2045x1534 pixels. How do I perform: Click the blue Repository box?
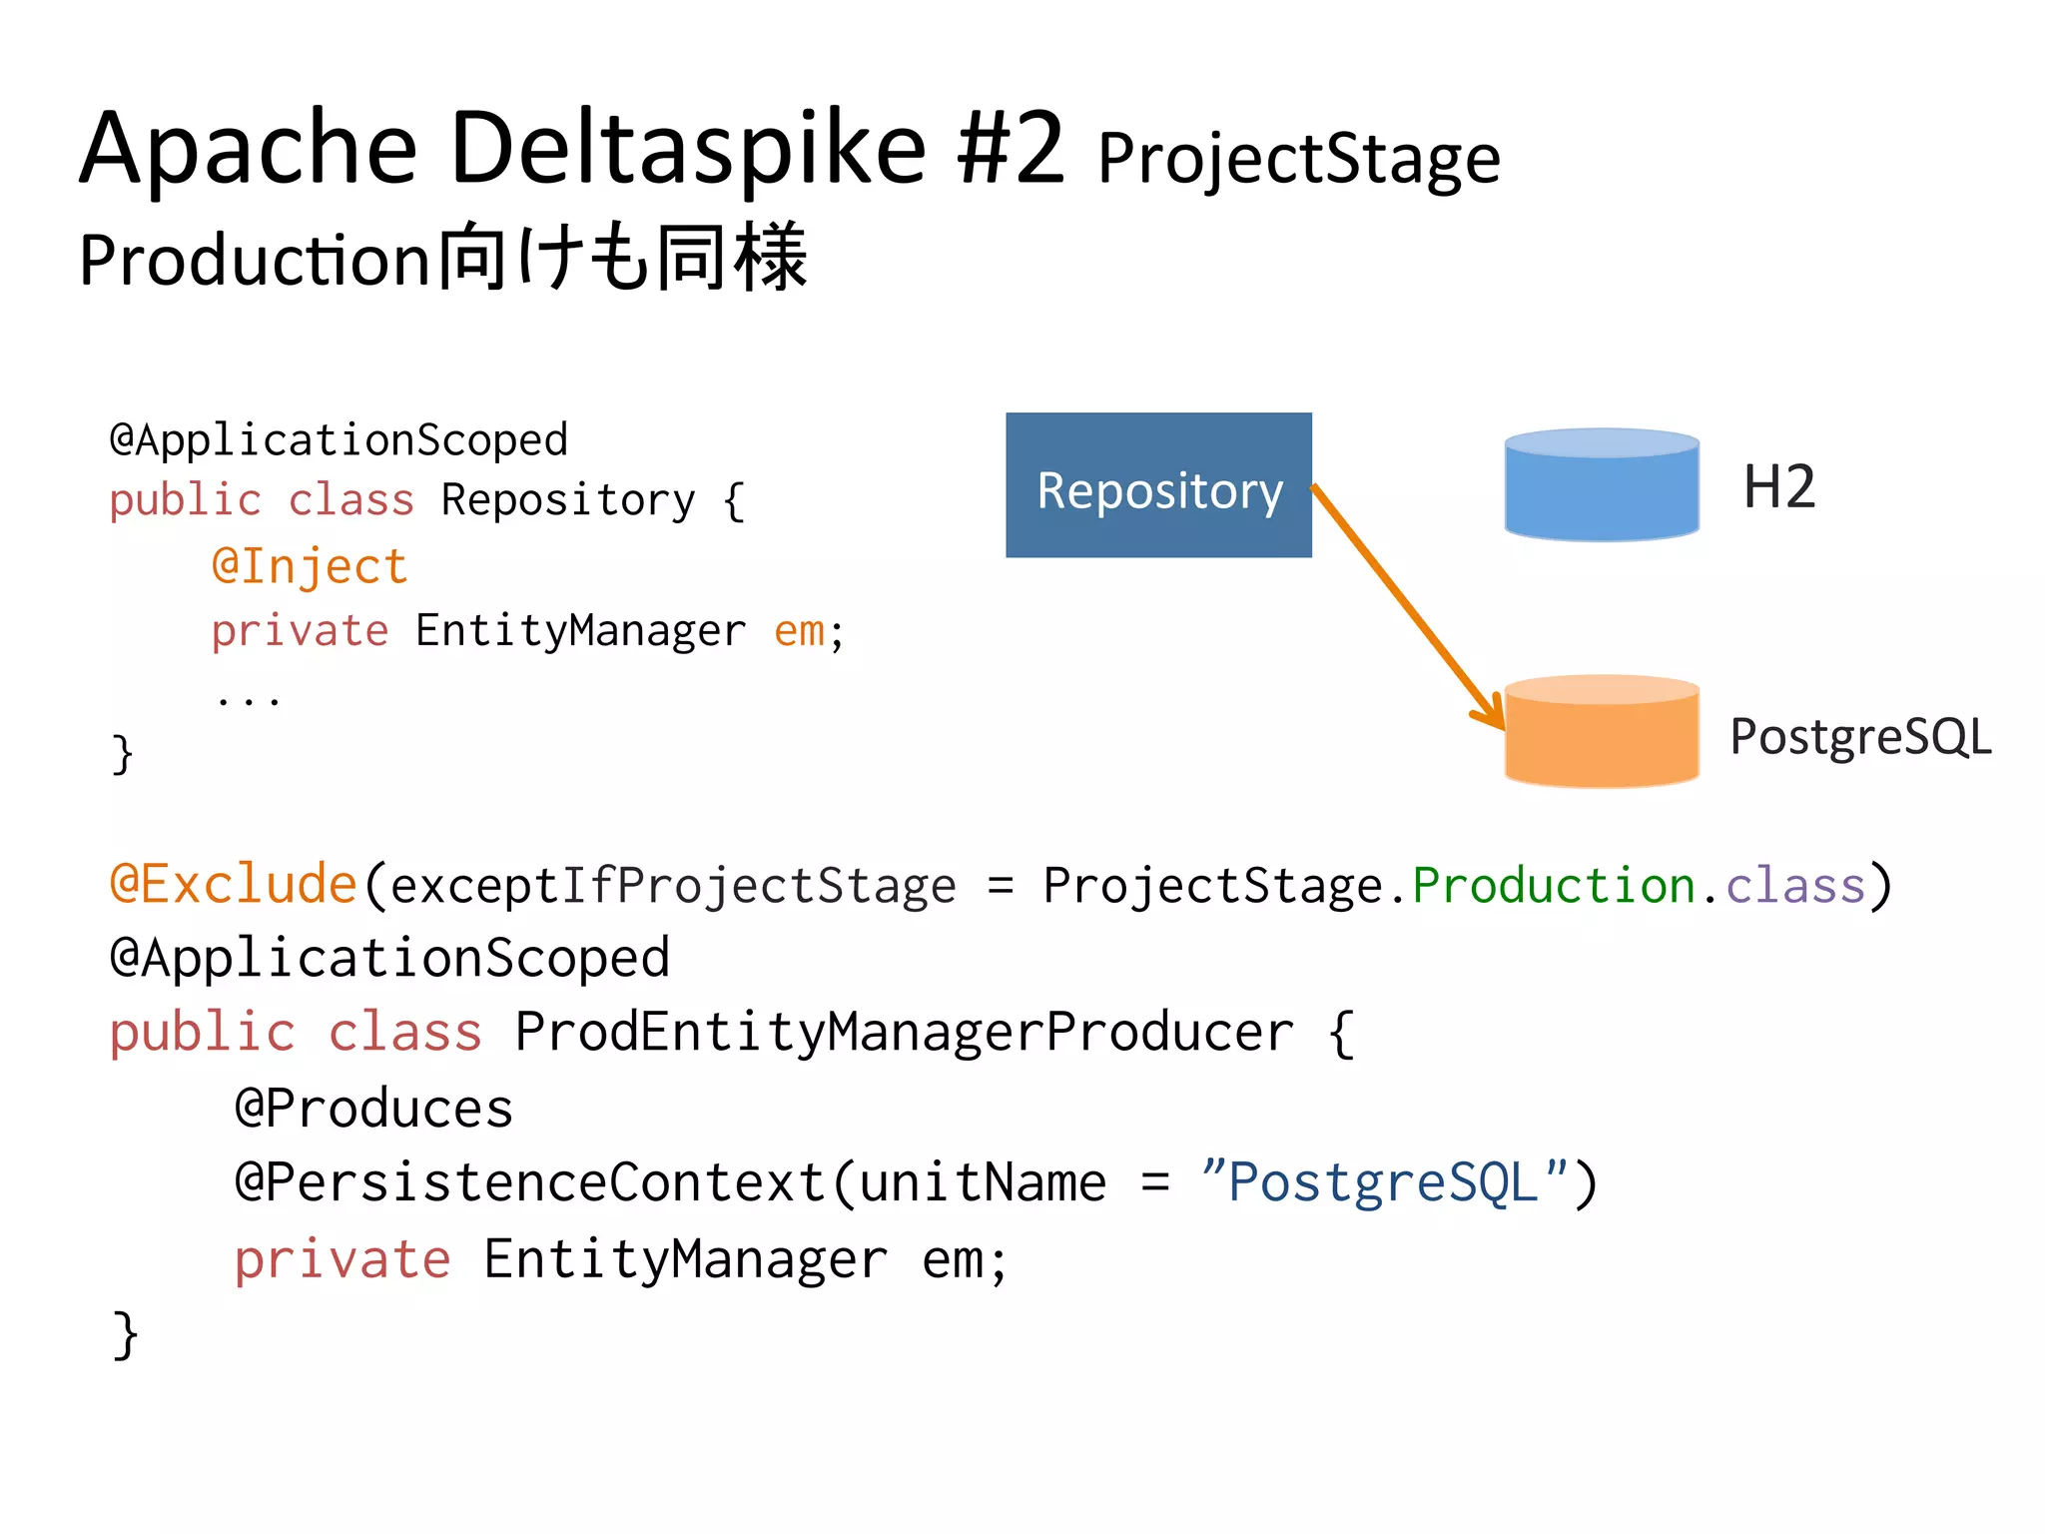[x=1158, y=485]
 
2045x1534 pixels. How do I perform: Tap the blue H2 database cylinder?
[x=1602, y=486]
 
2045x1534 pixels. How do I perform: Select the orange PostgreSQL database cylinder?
[x=1602, y=733]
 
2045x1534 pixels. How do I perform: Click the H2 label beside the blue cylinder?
[x=1778, y=487]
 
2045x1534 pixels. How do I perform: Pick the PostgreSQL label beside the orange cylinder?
[x=1860, y=737]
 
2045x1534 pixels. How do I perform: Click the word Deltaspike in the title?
[x=689, y=150]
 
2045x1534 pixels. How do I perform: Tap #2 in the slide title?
[x=1011, y=150]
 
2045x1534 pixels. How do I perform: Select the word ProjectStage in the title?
[x=1298, y=160]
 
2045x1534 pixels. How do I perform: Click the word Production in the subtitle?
[x=256, y=260]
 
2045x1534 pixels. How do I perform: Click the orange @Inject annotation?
[x=310, y=566]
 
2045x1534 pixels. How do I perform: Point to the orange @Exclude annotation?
[x=234, y=885]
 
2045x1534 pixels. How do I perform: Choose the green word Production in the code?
[x=1554, y=885]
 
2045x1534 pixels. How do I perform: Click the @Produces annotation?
[x=373, y=1109]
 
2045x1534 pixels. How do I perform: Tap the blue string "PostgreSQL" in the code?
[x=1384, y=1182]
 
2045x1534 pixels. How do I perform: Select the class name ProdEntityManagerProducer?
[x=904, y=1033]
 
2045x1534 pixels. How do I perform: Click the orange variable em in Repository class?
[x=799, y=631]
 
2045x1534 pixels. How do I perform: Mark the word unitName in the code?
[x=983, y=1182]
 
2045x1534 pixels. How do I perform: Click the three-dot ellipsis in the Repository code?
[x=248, y=699]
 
